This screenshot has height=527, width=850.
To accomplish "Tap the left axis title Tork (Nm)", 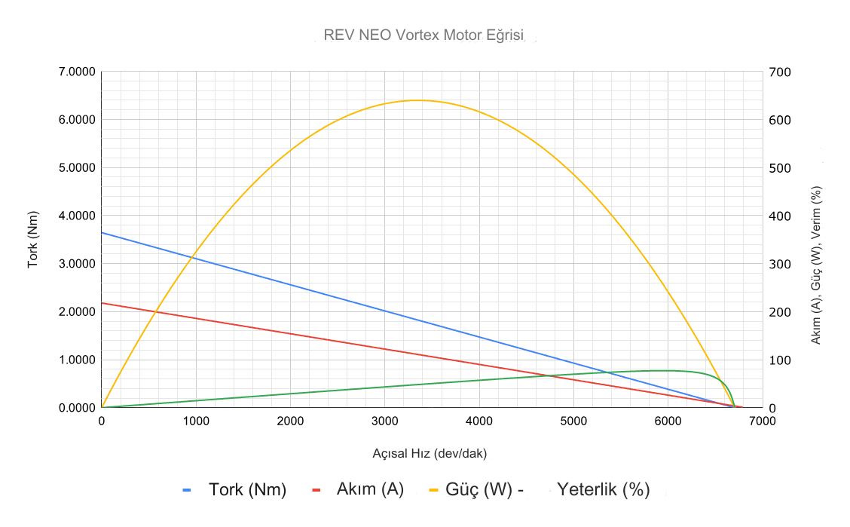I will pos(33,239).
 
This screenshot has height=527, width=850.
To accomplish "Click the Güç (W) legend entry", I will pos(479,489).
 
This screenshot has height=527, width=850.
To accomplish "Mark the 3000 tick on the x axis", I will pos(385,421).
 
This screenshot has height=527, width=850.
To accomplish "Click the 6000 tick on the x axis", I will pos(668,421).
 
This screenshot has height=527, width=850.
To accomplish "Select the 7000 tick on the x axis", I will pos(762,421).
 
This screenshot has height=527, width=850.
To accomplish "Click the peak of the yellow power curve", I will pos(417,100).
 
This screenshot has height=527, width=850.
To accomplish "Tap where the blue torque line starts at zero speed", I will pos(102,232).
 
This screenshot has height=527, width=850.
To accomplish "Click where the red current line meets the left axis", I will pos(102,303).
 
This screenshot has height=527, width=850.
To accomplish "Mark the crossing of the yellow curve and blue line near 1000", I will pos(193,257).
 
